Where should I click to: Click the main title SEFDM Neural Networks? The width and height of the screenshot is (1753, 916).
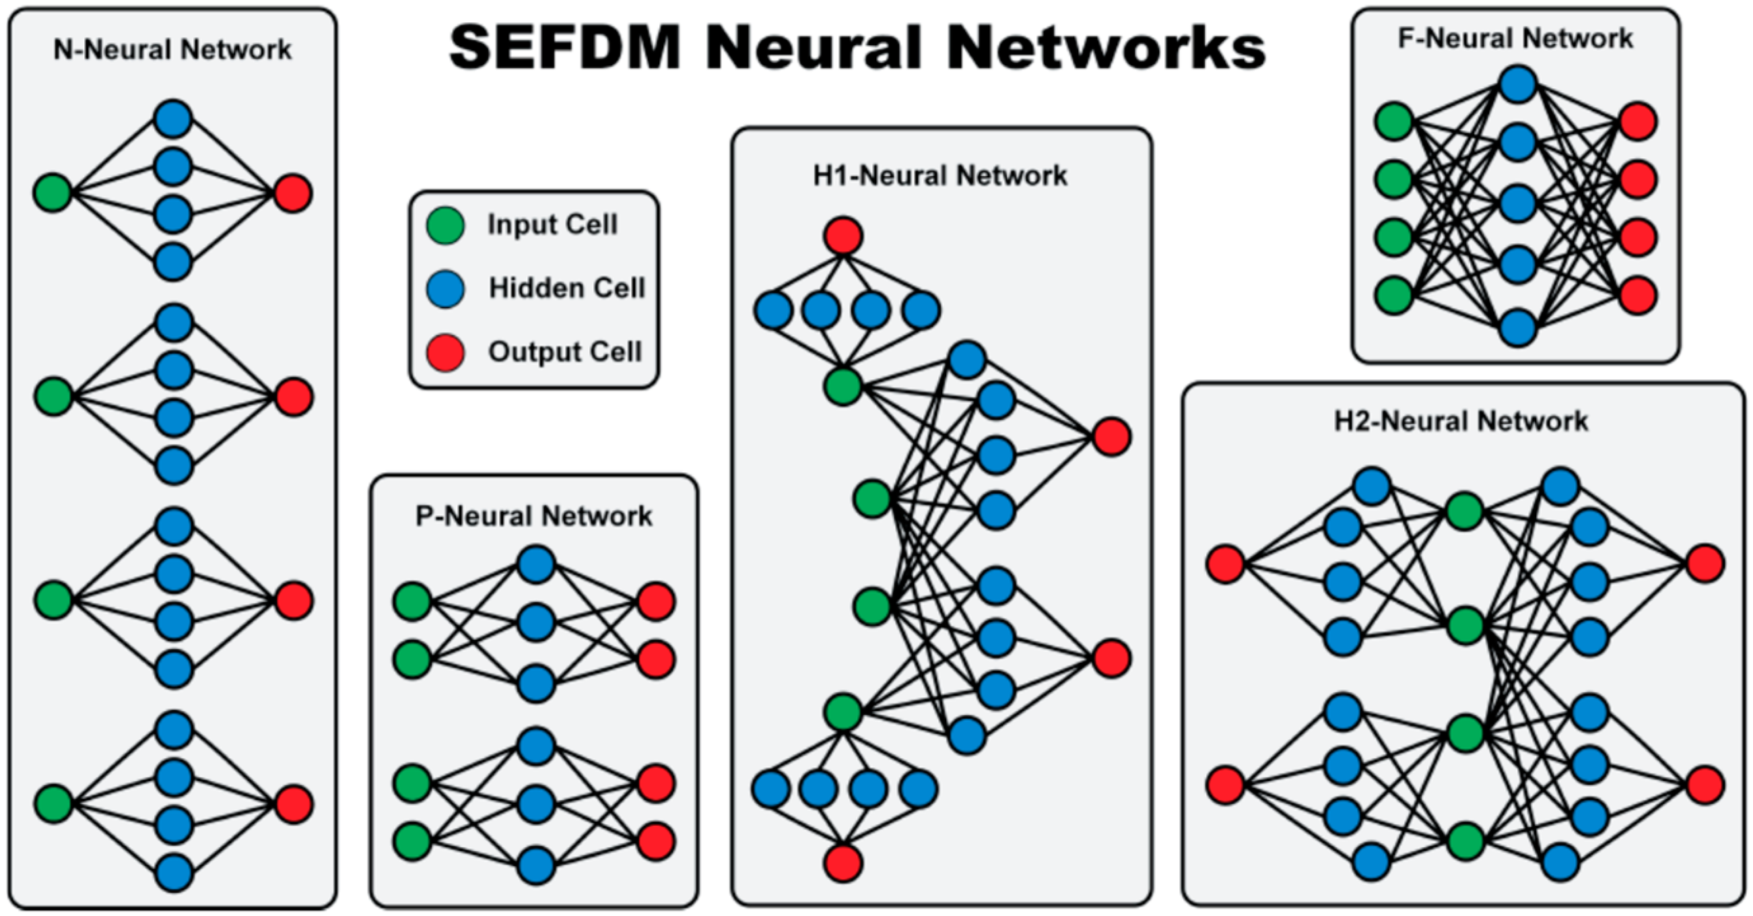coord(857,48)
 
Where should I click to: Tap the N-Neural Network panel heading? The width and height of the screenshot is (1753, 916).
coord(172,50)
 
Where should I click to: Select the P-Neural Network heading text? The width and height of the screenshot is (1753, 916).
coord(534,516)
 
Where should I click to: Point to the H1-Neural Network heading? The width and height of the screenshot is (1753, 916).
coord(940,176)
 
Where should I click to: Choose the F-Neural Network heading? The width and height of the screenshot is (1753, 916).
coord(1515,38)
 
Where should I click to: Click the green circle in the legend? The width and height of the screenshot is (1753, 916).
coord(446,225)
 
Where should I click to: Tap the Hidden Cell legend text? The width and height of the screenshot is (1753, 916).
coord(567,288)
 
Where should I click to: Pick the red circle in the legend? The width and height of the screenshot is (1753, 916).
coord(446,352)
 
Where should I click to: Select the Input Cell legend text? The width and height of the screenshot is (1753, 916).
coord(553,224)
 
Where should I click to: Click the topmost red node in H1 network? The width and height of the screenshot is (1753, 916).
coord(844,236)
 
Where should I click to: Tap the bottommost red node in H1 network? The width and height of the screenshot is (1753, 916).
coord(844,863)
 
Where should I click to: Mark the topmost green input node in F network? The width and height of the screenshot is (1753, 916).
coord(1394,122)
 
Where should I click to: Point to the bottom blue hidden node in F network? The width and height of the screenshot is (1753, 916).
coord(1518,327)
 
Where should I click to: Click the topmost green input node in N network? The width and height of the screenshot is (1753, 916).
coord(53,193)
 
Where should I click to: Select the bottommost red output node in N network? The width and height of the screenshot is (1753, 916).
coord(294,804)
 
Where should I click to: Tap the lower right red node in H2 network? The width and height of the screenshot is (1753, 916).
coord(1705,785)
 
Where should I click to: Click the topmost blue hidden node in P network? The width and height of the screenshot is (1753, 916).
coord(536,564)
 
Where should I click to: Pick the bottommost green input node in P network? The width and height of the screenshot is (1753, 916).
coord(412,841)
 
